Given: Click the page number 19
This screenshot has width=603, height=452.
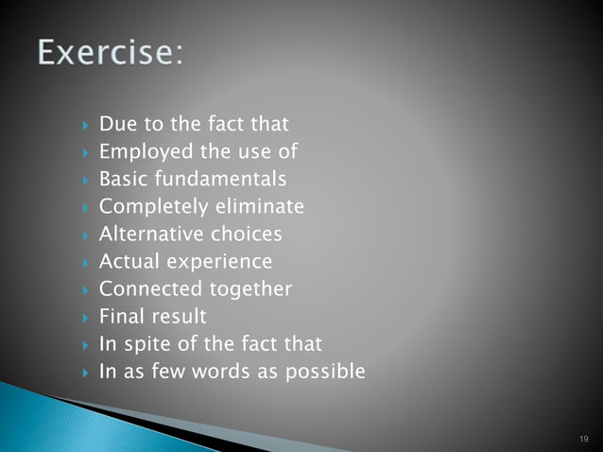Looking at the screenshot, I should pos(581,439).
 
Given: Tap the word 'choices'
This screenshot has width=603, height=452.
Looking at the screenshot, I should pos(248,234).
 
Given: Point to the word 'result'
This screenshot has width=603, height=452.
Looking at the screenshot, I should pos(180,316).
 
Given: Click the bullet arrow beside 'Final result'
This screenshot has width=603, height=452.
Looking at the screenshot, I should pos(84,317).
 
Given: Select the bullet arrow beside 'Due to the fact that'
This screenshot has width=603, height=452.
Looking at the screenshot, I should pos(84,125).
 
